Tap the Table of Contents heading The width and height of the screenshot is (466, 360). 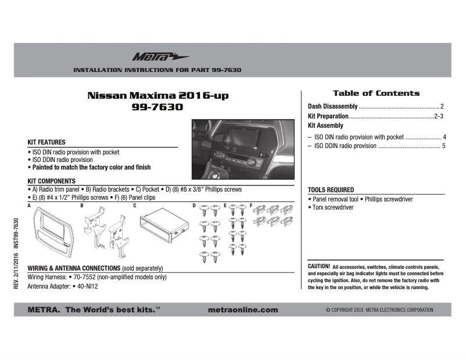pyautogui.click(x=376, y=93)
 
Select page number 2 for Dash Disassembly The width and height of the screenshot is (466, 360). pyautogui.click(x=442, y=107)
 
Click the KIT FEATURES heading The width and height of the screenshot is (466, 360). pyautogui.click(x=46, y=142)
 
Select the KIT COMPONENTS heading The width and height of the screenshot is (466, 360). pyautogui.click(x=52, y=181)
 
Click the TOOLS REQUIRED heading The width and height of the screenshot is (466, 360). pyautogui.click(x=331, y=190)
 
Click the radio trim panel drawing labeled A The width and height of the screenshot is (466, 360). pyautogui.click(x=49, y=233)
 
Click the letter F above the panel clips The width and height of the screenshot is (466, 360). pyautogui.click(x=250, y=206)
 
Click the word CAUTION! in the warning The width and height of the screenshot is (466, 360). pyautogui.click(x=318, y=266)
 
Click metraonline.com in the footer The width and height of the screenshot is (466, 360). pyautogui.click(x=242, y=310)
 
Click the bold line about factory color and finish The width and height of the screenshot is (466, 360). pyautogui.click(x=90, y=167)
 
